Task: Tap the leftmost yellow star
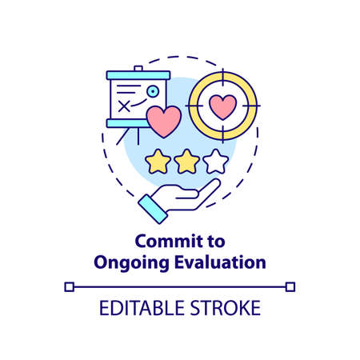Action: coord(157,162)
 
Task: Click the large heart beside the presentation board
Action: coord(164,122)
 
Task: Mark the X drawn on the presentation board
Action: coord(124,105)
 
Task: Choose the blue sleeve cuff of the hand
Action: coord(152,209)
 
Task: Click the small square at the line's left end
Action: coord(70,286)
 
